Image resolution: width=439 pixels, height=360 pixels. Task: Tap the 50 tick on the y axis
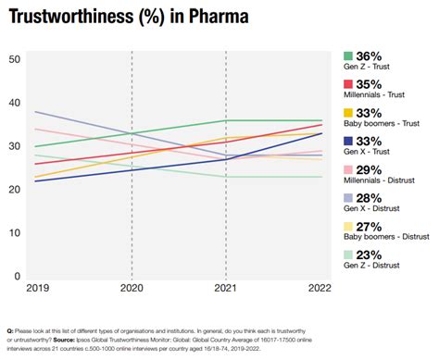[x=14, y=59]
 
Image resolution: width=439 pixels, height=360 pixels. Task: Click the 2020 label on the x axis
[x=132, y=288]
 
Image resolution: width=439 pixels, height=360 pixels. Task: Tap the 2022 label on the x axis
[x=318, y=288]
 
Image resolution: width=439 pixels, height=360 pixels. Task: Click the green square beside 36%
[x=349, y=56]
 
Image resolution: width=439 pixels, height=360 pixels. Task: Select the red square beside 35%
[x=349, y=85]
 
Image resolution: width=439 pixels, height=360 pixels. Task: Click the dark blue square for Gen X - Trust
[x=349, y=143]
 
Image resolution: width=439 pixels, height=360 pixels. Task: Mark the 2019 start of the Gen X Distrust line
[x=35, y=112]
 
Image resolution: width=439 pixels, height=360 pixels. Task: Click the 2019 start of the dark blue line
[x=35, y=181]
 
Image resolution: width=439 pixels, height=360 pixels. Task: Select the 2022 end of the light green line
[x=322, y=177]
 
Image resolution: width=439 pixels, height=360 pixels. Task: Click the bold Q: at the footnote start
[x=10, y=330]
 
